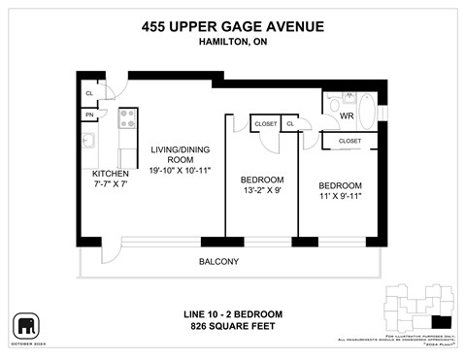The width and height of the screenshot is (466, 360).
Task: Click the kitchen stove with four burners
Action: point(126,118)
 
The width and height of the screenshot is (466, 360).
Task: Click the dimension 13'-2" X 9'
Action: point(262,192)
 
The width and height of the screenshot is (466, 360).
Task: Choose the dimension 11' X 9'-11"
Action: point(340,198)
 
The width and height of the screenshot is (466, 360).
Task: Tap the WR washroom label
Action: point(347,116)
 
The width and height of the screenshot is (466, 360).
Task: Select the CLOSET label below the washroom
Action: point(349,141)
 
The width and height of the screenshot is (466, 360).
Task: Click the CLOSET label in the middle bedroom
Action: point(264,124)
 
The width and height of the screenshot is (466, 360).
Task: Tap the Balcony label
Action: point(218,262)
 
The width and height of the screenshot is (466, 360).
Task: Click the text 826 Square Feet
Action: point(233,327)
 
